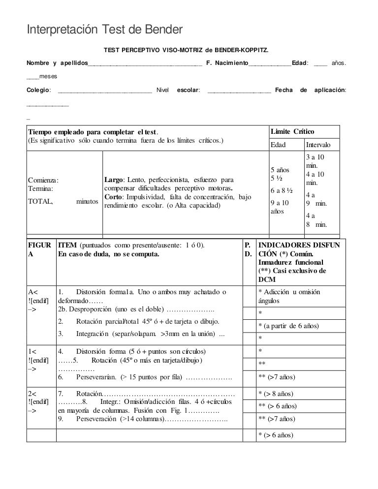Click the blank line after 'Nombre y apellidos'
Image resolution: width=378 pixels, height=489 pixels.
pyautogui.click(x=145, y=64)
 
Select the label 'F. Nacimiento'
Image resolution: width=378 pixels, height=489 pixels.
pyautogui.click(x=227, y=63)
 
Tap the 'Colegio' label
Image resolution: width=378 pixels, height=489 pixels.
pyautogui.click(x=38, y=90)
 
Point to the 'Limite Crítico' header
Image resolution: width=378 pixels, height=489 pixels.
pyautogui.click(x=293, y=132)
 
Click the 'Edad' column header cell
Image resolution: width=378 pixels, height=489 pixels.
pyautogui.click(x=279, y=146)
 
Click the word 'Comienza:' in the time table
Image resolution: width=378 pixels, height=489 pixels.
pyautogui.click(x=43, y=180)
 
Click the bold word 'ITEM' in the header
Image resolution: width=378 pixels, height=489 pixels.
pyautogui.click(x=67, y=245)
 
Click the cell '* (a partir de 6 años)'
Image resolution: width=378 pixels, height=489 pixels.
pyautogui.click(x=289, y=326)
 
